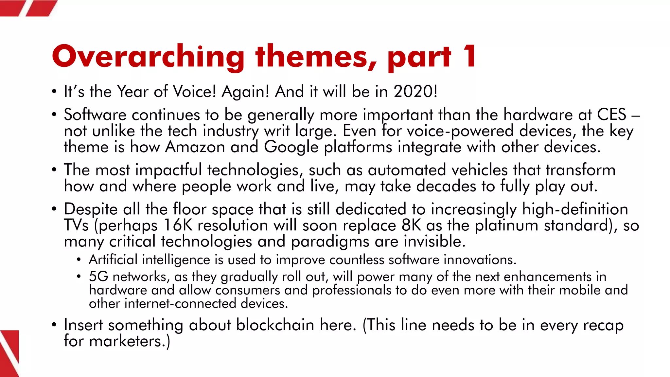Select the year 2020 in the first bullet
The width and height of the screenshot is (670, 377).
point(413,91)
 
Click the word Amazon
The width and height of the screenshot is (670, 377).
point(195,147)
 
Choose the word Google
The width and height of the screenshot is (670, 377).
point(291,147)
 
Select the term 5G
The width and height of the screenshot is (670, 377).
point(98,277)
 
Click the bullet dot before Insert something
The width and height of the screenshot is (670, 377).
point(54,325)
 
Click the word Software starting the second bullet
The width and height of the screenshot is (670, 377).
point(95,115)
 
